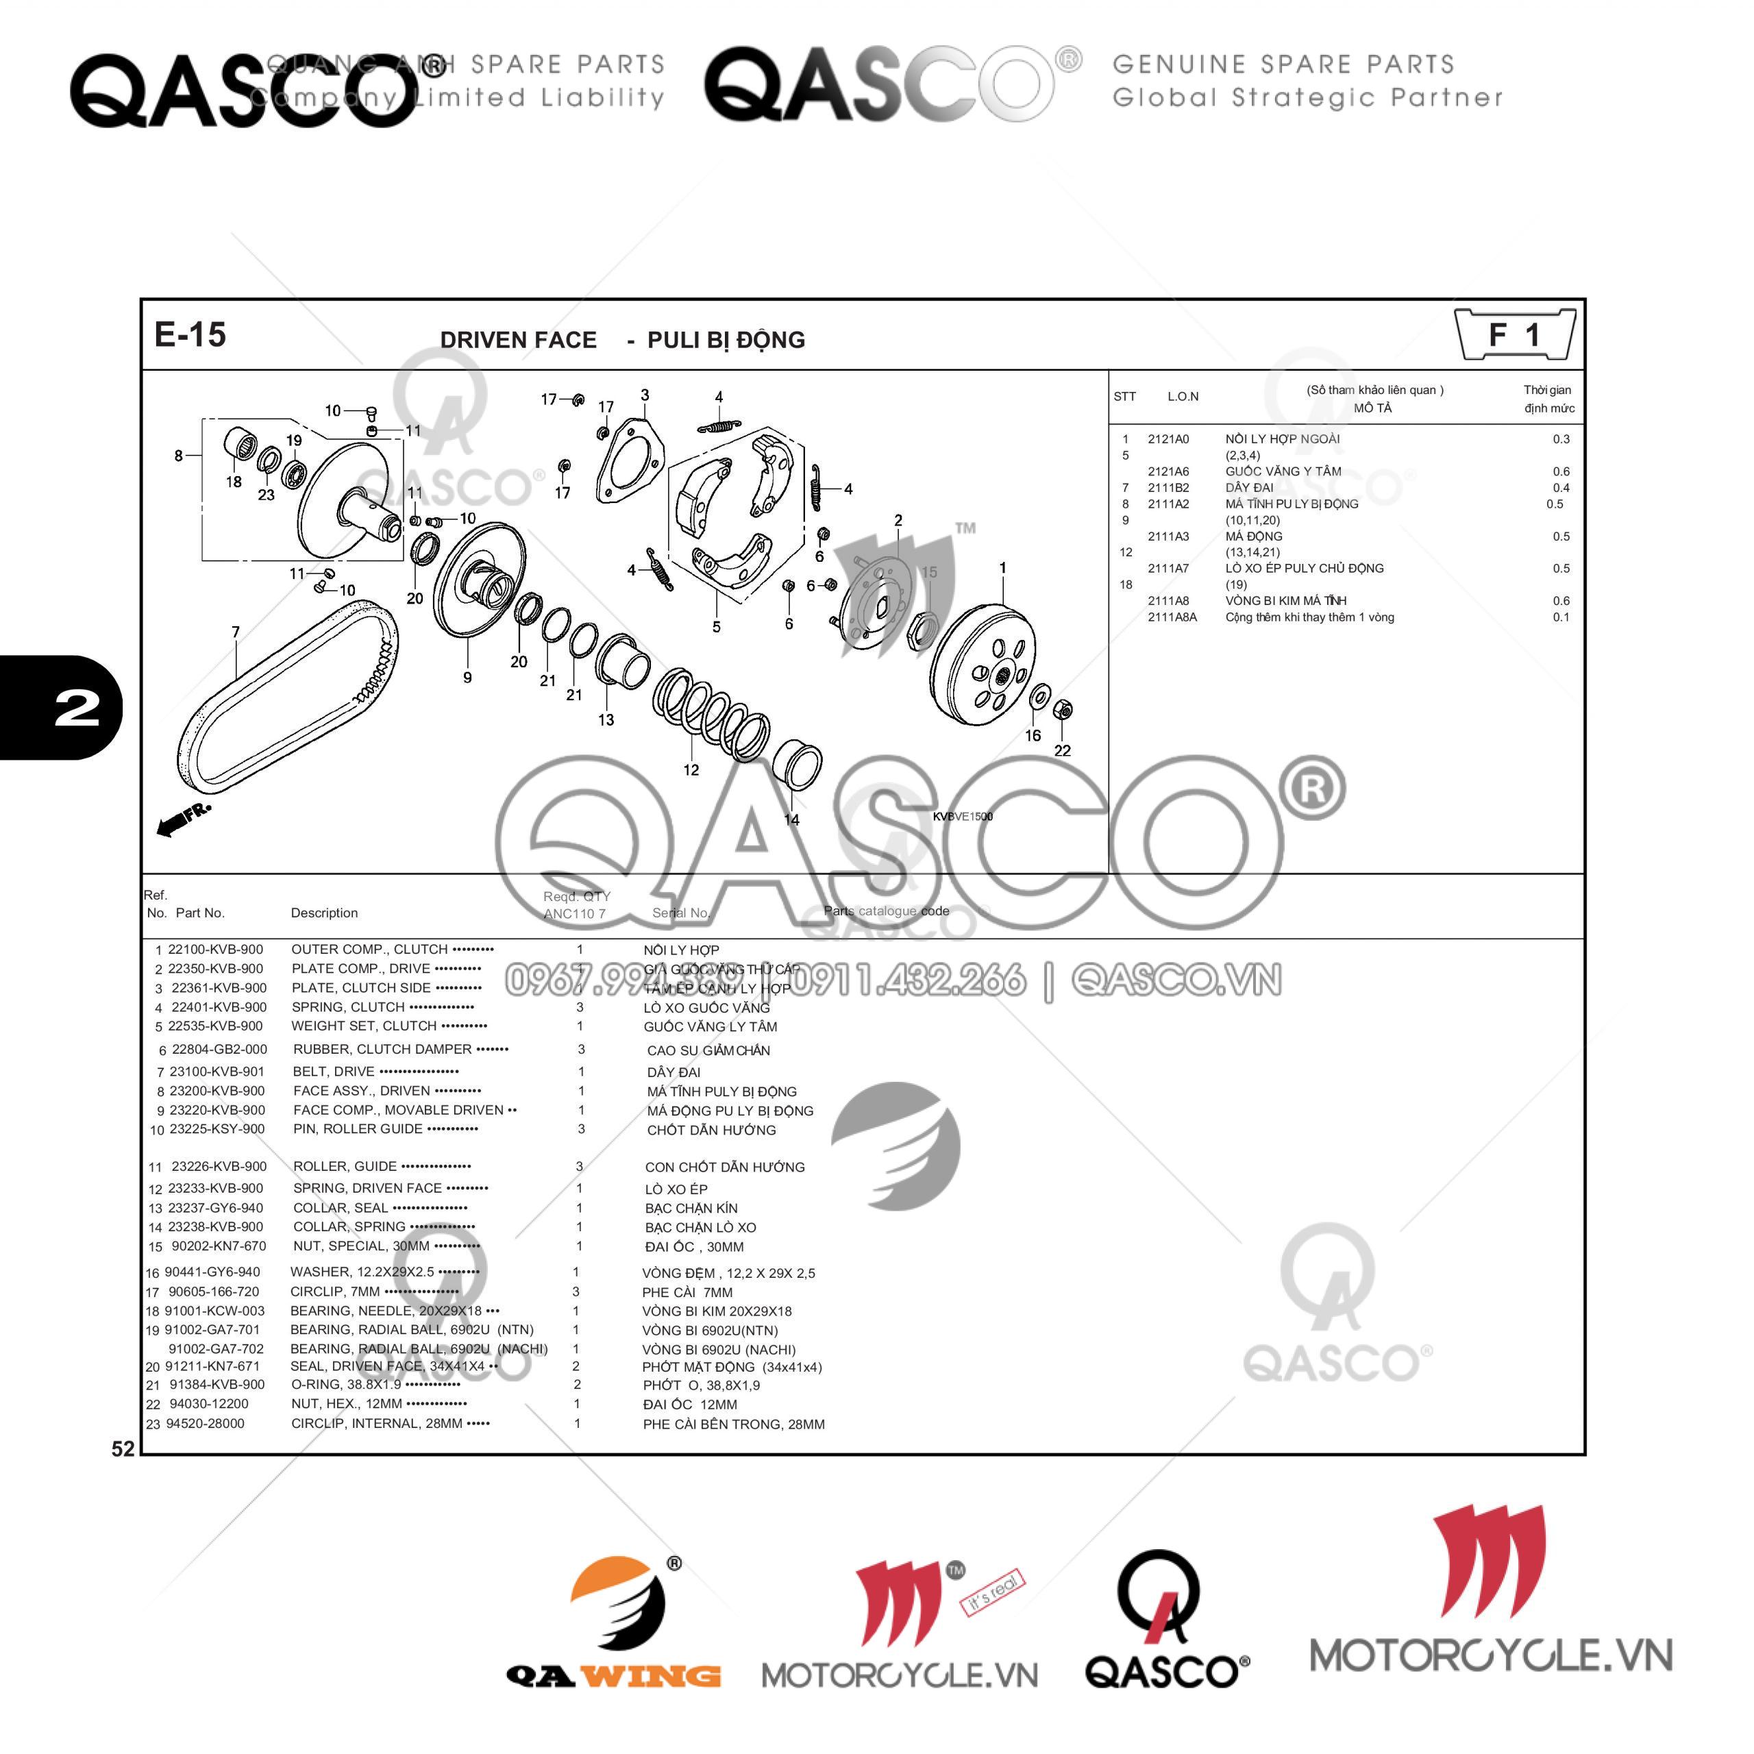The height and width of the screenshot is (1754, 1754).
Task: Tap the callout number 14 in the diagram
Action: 791,820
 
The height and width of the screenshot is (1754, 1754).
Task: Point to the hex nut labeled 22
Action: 1065,710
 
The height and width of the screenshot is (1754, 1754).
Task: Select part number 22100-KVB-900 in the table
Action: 215,950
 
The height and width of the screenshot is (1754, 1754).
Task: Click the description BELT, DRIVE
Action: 333,1072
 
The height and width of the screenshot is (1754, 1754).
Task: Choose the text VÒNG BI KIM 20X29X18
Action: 716,1311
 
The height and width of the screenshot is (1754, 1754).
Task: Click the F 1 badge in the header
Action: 1514,335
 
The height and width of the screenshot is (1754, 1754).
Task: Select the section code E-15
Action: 190,334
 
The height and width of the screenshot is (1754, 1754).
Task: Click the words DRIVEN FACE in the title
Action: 519,340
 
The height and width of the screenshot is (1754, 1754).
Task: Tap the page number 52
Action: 123,1449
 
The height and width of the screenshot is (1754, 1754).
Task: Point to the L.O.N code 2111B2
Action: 1168,488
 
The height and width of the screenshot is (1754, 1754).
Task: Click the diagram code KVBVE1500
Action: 963,816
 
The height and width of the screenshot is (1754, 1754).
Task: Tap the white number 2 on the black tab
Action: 77,708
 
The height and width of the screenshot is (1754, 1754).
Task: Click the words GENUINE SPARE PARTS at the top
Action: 1283,64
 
